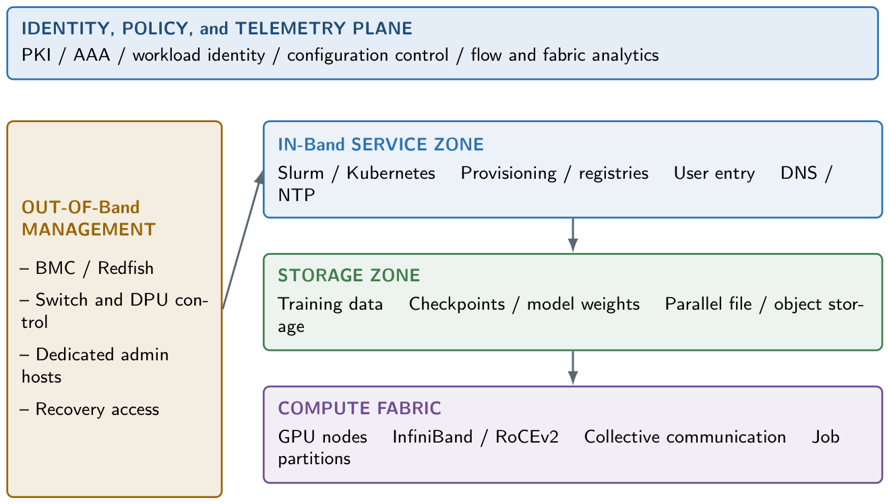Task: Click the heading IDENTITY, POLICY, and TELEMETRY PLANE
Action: tap(217, 28)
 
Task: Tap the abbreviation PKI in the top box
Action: tap(36, 55)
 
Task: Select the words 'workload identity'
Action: tap(199, 55)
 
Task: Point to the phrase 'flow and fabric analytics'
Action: tap(565, 55)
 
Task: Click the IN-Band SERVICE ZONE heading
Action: tap(381, 144)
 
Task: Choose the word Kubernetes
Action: tap(391, 173)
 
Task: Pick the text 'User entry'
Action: tap(714, 173)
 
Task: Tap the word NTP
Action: tap(297, 196)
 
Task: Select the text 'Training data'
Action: tap(330, 304)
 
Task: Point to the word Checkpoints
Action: tap(457, 304)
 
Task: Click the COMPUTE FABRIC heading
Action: tap(359, 408)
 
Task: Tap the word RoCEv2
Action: tap(527, 437)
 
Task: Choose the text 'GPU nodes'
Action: tap(323, 437)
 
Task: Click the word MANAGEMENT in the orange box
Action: tap(88, 229)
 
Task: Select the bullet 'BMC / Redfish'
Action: tap(87, 268)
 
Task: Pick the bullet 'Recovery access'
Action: tap(90, 410)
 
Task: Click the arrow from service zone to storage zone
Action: tap(573, 235)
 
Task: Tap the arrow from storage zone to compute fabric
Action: tap(573, 368)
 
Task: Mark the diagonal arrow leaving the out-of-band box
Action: tap(243, 240)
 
